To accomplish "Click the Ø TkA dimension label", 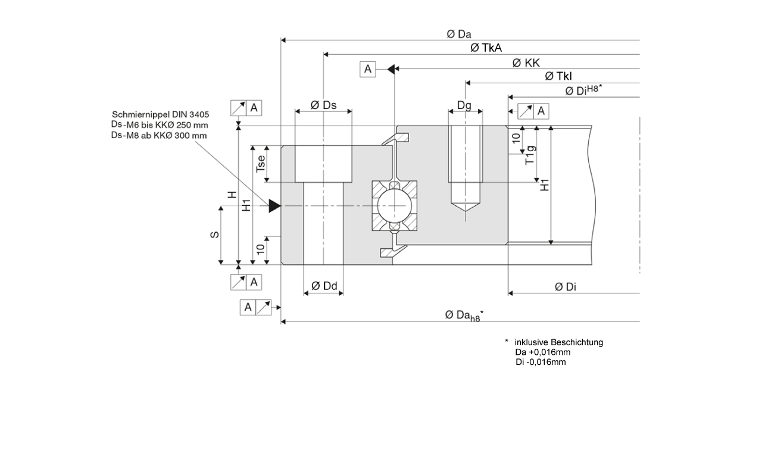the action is click(x=486, y=48).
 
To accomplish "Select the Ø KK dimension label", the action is click(x=526, y=63).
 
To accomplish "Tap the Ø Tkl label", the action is click(x=558, y=76).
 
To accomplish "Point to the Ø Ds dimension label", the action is click(x=323, y=105).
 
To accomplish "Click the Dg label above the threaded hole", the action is click(x=464, y=105).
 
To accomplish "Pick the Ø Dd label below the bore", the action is click(x=324, y=286).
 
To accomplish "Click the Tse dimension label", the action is click(x=261, y=164).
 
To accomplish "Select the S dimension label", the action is click(x=215, y=235).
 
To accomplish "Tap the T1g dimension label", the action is click(x=530, y=155).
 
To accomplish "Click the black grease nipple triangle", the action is click(x=274, y=206).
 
